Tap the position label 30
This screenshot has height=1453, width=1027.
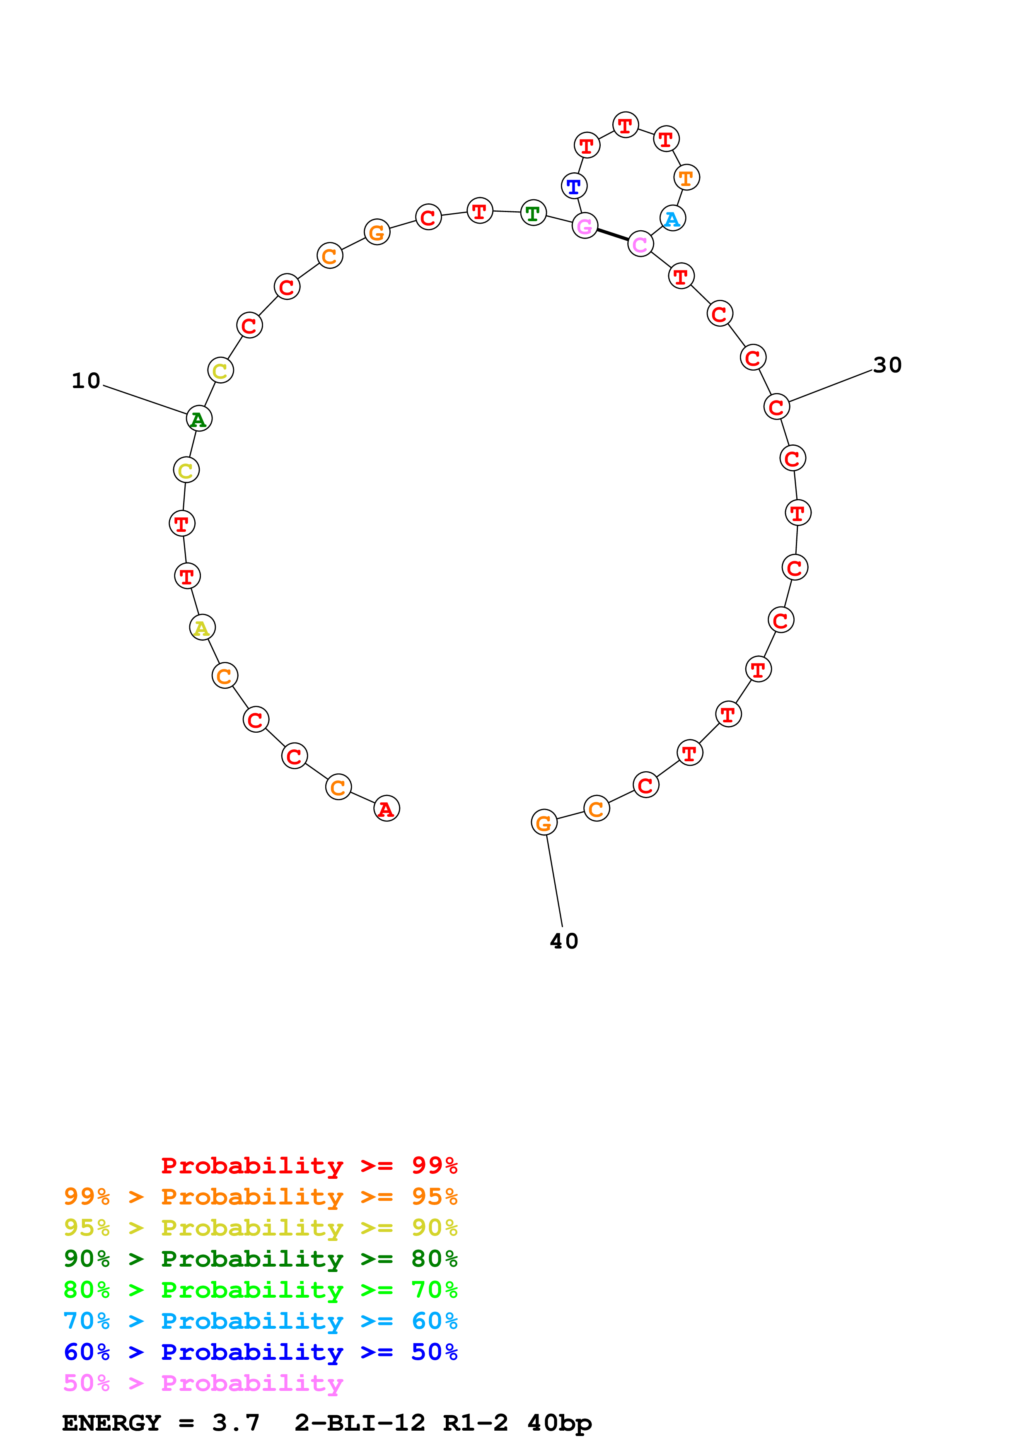887,365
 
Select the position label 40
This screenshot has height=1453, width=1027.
564,941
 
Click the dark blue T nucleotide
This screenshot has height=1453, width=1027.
574,186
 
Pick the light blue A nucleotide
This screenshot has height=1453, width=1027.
672,219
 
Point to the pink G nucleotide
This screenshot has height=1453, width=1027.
585,225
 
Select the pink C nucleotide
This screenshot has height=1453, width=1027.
640,244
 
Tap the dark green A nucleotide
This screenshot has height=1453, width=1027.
199,419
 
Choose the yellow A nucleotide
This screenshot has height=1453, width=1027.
202,628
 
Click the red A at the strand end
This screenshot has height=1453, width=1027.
386,809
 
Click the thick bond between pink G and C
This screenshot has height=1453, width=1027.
613,235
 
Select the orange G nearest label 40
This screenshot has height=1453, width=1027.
544,823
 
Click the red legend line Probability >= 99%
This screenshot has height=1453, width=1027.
309,1166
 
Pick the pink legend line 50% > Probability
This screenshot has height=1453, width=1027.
203,1383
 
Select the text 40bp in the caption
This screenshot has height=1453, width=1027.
559,1423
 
